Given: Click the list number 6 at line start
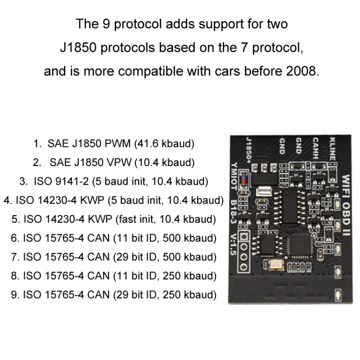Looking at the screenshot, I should click(14, 238).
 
